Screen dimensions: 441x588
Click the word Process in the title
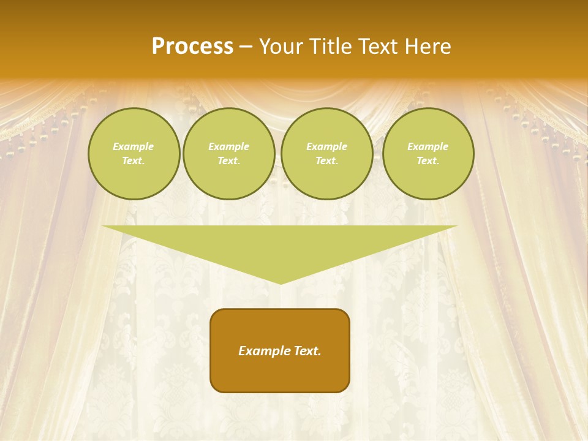click(192, 47)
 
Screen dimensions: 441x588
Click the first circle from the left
click(134, 154)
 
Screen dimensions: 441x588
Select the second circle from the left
click(229, 154)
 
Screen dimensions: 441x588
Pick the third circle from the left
click(327, 154)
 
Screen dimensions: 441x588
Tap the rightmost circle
click(428, 154)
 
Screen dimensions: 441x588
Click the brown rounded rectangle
click(280, 350)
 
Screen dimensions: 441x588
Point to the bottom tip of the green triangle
click(281, 283)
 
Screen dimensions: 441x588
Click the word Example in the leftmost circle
click(134, 147)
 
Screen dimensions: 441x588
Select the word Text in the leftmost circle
click(133, 161)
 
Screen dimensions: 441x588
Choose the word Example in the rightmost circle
click(428, 147)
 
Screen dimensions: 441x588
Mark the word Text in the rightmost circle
click(428, 161)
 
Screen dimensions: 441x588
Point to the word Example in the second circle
click(229, 147)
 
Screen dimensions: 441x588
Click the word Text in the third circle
click(326, 161)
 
